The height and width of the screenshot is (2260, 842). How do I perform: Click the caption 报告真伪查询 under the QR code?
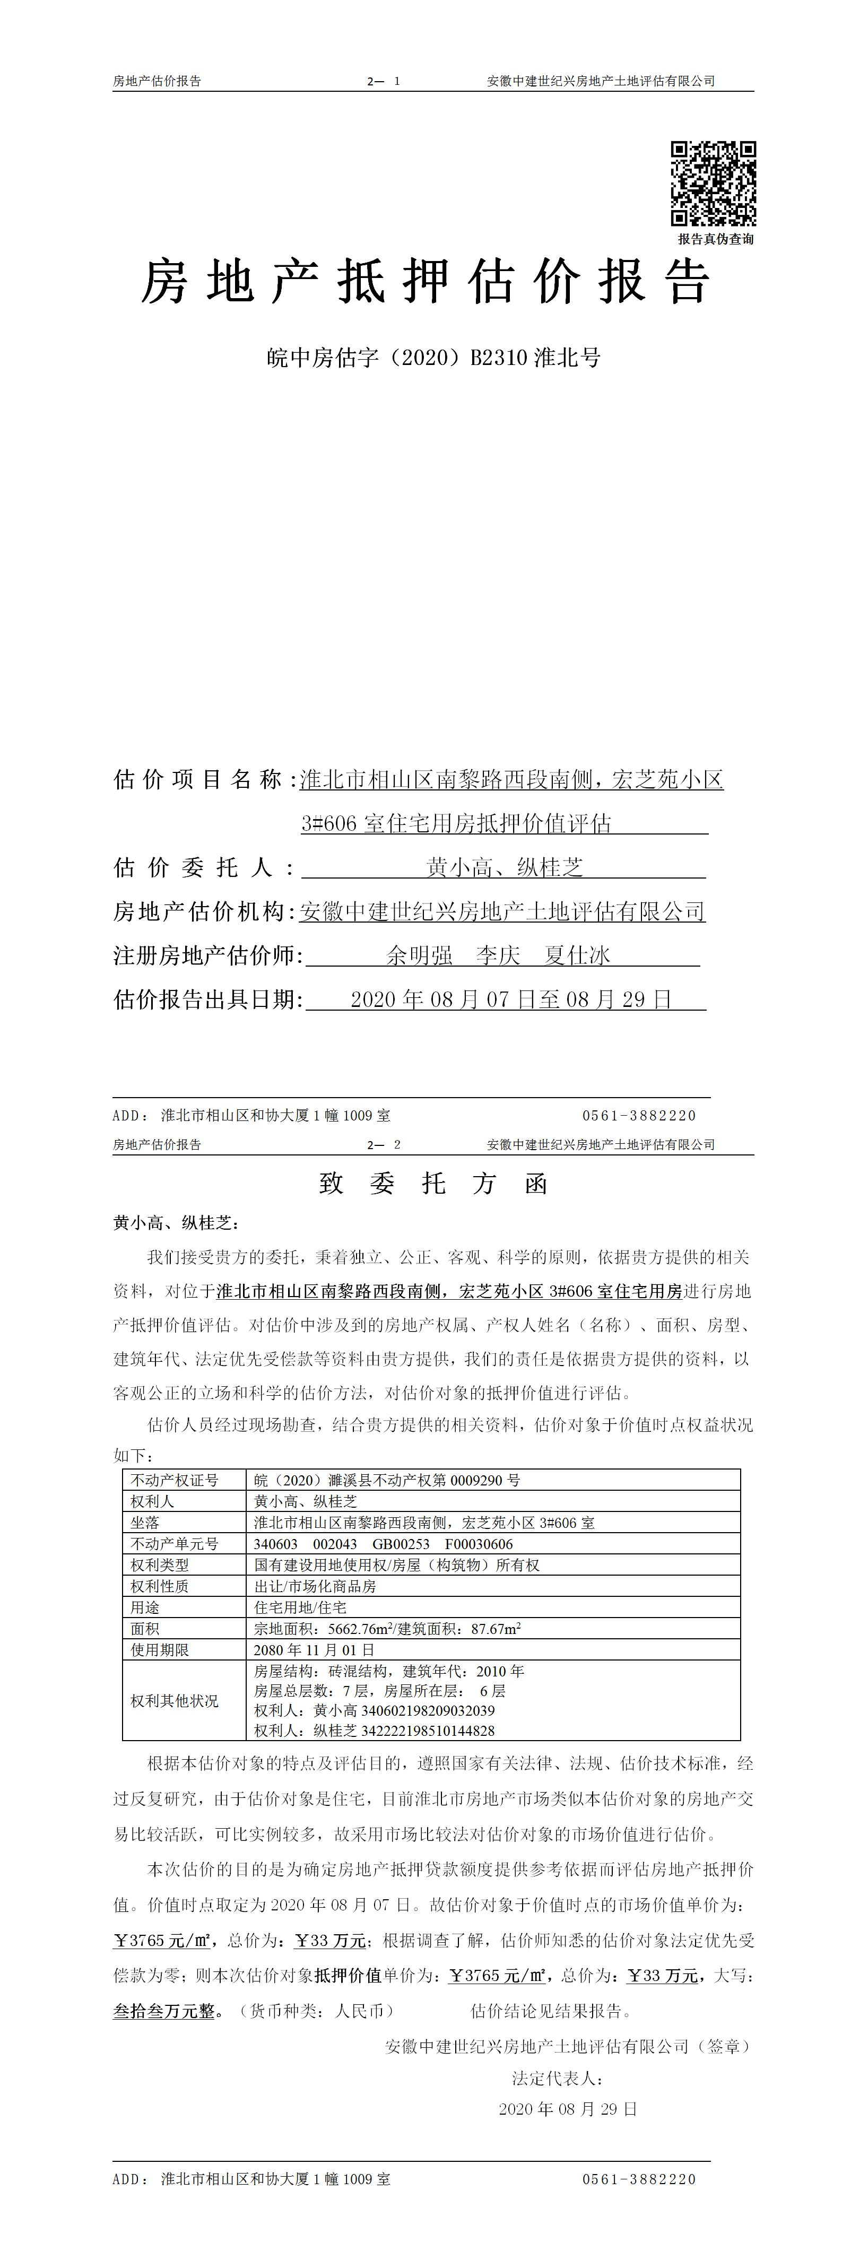pyautogui.click(x=715, y=239)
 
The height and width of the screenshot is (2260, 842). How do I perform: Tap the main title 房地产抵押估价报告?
pyautogui.click(x=426, y=282)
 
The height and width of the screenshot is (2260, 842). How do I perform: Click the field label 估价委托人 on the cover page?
pyautogui.click(x=204, y=868)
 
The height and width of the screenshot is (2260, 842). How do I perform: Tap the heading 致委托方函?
pyautogui.click(x=433, y=1185)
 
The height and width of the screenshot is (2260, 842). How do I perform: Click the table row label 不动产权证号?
pyautogui.click(x=173, y=1480)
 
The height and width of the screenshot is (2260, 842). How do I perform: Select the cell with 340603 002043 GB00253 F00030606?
pyautogui.click(x=383, y=1544)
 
